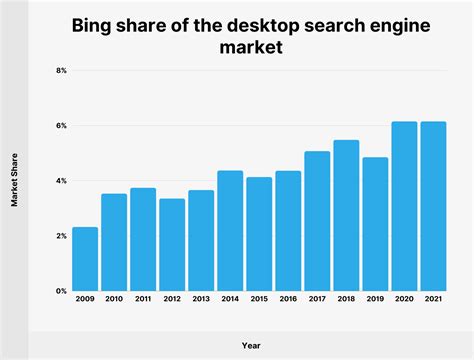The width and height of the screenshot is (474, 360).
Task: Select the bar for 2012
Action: (172, 245)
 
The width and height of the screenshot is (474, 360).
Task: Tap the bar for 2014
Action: (230, 231)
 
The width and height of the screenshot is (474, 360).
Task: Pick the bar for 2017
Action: (317, 221)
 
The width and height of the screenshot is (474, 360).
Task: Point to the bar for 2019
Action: (375, 224)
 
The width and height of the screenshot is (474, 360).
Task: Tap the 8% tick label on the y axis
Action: (61, 71)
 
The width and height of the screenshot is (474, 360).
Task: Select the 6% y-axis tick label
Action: (61, 126)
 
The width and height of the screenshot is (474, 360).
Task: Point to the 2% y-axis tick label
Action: (61, 236)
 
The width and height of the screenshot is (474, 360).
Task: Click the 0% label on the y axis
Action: (61, 291)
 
